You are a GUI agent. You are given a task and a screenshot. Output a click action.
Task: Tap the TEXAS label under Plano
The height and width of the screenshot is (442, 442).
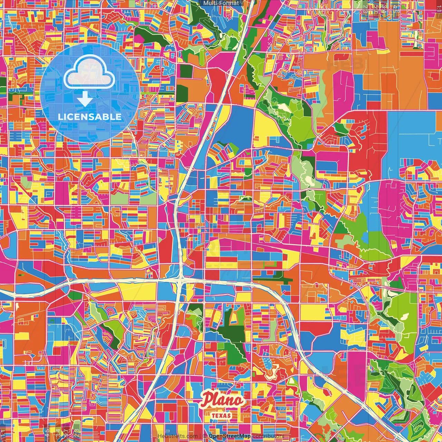221,415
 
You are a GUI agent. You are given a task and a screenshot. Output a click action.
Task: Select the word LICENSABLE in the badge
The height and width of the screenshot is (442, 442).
90,117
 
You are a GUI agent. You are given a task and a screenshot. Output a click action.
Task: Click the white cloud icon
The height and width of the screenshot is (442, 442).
89,72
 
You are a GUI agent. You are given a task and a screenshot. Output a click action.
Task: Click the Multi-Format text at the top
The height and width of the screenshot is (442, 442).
221,3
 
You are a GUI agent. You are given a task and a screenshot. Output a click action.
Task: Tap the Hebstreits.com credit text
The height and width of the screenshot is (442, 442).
177,436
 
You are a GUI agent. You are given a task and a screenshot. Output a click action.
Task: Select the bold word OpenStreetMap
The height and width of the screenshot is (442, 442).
230,436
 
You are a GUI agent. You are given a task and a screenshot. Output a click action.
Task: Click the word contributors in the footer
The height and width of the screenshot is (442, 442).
268,436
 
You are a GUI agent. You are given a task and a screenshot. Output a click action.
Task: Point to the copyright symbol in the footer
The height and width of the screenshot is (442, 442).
205,436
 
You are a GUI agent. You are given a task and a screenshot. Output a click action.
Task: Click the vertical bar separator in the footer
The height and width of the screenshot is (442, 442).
201,436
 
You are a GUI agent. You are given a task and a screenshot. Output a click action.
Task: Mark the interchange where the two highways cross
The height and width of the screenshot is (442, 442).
181,280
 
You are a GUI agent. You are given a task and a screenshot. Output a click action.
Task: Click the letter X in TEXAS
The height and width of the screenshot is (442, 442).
221,415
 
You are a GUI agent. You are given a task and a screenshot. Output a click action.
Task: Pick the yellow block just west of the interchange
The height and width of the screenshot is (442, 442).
138,291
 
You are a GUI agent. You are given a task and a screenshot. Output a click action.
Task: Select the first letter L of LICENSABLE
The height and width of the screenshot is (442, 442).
60,117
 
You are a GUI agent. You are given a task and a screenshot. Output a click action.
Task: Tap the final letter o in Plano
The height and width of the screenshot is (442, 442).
239,401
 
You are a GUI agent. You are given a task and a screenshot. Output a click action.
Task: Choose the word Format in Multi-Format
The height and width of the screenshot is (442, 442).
230,3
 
